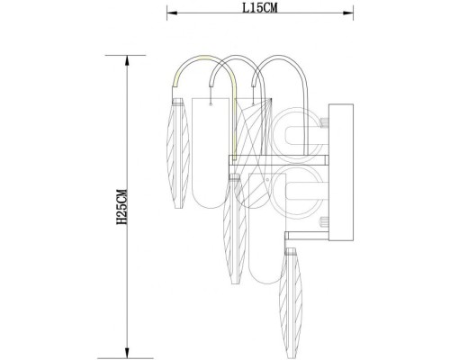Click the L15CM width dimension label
(x=258, y=7)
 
